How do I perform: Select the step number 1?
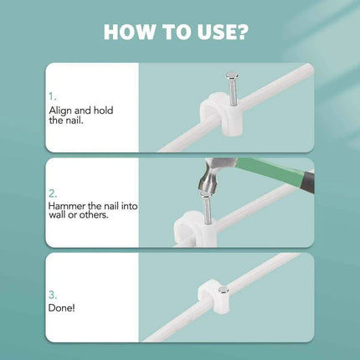pos(52,96)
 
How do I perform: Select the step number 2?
pos(52,192)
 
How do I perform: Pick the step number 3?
pos(52,295)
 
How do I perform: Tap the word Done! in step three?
pos(60,309)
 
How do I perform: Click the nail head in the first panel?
pos(231,76)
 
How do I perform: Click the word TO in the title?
pos(177,32)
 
